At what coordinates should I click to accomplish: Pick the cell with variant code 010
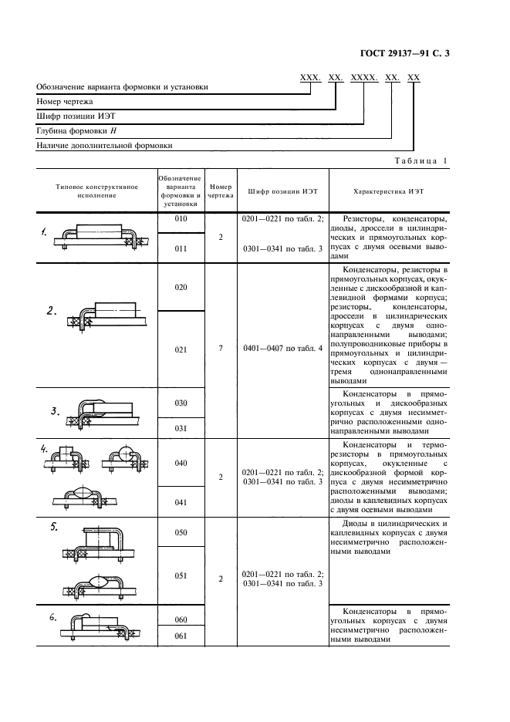[x=181, y=220]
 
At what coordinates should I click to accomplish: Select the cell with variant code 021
[x=181, y=349]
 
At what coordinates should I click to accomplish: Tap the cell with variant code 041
[x=181, y=501]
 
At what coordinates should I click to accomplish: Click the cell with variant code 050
[x=181, y=533]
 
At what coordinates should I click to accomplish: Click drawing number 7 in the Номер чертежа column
[x=221, y=349]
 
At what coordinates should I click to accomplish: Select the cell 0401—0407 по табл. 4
[x=282, y=349]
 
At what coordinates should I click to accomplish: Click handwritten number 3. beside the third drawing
[x=56, y=411]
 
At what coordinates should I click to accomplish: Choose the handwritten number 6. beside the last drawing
[x=53, y=617]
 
